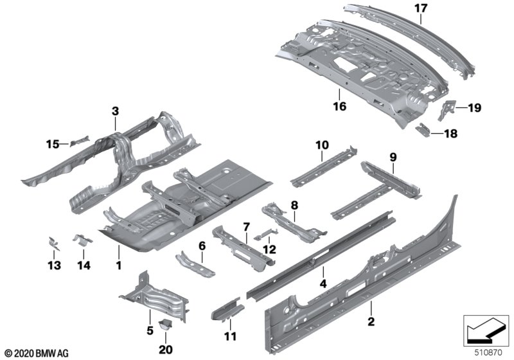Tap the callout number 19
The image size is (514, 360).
[474, 108]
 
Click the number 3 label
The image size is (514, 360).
[115, 111]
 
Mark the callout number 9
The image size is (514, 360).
[393, 156]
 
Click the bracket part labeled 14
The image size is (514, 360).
[82, 240]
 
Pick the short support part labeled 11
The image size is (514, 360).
[227, 310]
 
